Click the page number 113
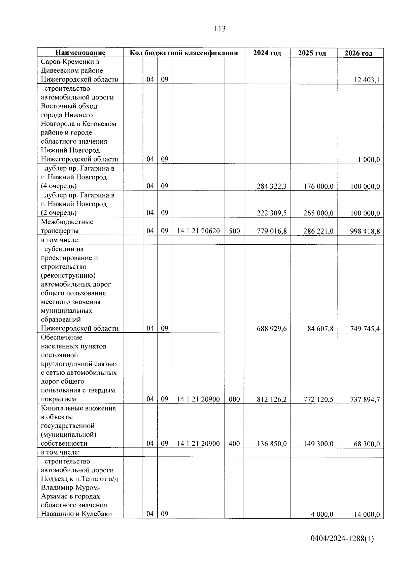pyautogui.click(x=220, y=29)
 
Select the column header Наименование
pyautogui.click(x=80, y=53)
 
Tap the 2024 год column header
pyautogui.click(x=267, y=53)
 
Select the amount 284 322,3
pyautogui.click(x=272, y=186)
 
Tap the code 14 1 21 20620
pyautogui.click(x=198, y=231)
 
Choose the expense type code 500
pyautogui.click(x=234, y=231)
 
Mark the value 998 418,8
pyautogui.click(x=365, y=231)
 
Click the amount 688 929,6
pyautogui.click(x=272, y=329)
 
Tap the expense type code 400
pyautogui.click(x=234, y=444)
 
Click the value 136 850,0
pyautogui.click(x=272, y=444)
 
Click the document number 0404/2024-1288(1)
pyautogui.click(x=342, y=539)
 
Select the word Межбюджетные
pyautogui.click(x=67, y=222)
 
